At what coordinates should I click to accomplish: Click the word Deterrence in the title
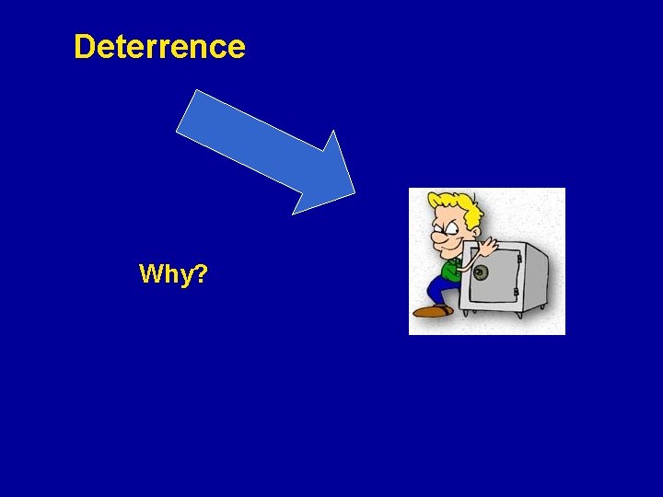coord(159,46)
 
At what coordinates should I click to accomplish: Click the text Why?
coord(172,273)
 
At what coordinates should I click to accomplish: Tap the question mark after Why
coord(200,273)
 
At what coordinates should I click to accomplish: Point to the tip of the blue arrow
coord(355,193)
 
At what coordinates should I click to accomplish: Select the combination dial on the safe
coord(480,272)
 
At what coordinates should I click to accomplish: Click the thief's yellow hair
coord(455,204)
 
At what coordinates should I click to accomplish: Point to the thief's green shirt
coord(450,270)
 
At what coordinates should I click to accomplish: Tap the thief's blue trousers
coord(439,290)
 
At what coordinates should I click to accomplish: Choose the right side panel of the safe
coord(536,274)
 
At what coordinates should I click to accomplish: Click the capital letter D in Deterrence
coord(84,46)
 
